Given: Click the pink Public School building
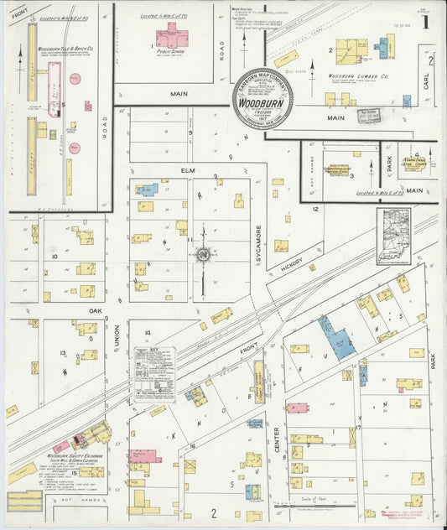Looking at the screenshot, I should [171, 36].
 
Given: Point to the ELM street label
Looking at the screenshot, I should [188, 170].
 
